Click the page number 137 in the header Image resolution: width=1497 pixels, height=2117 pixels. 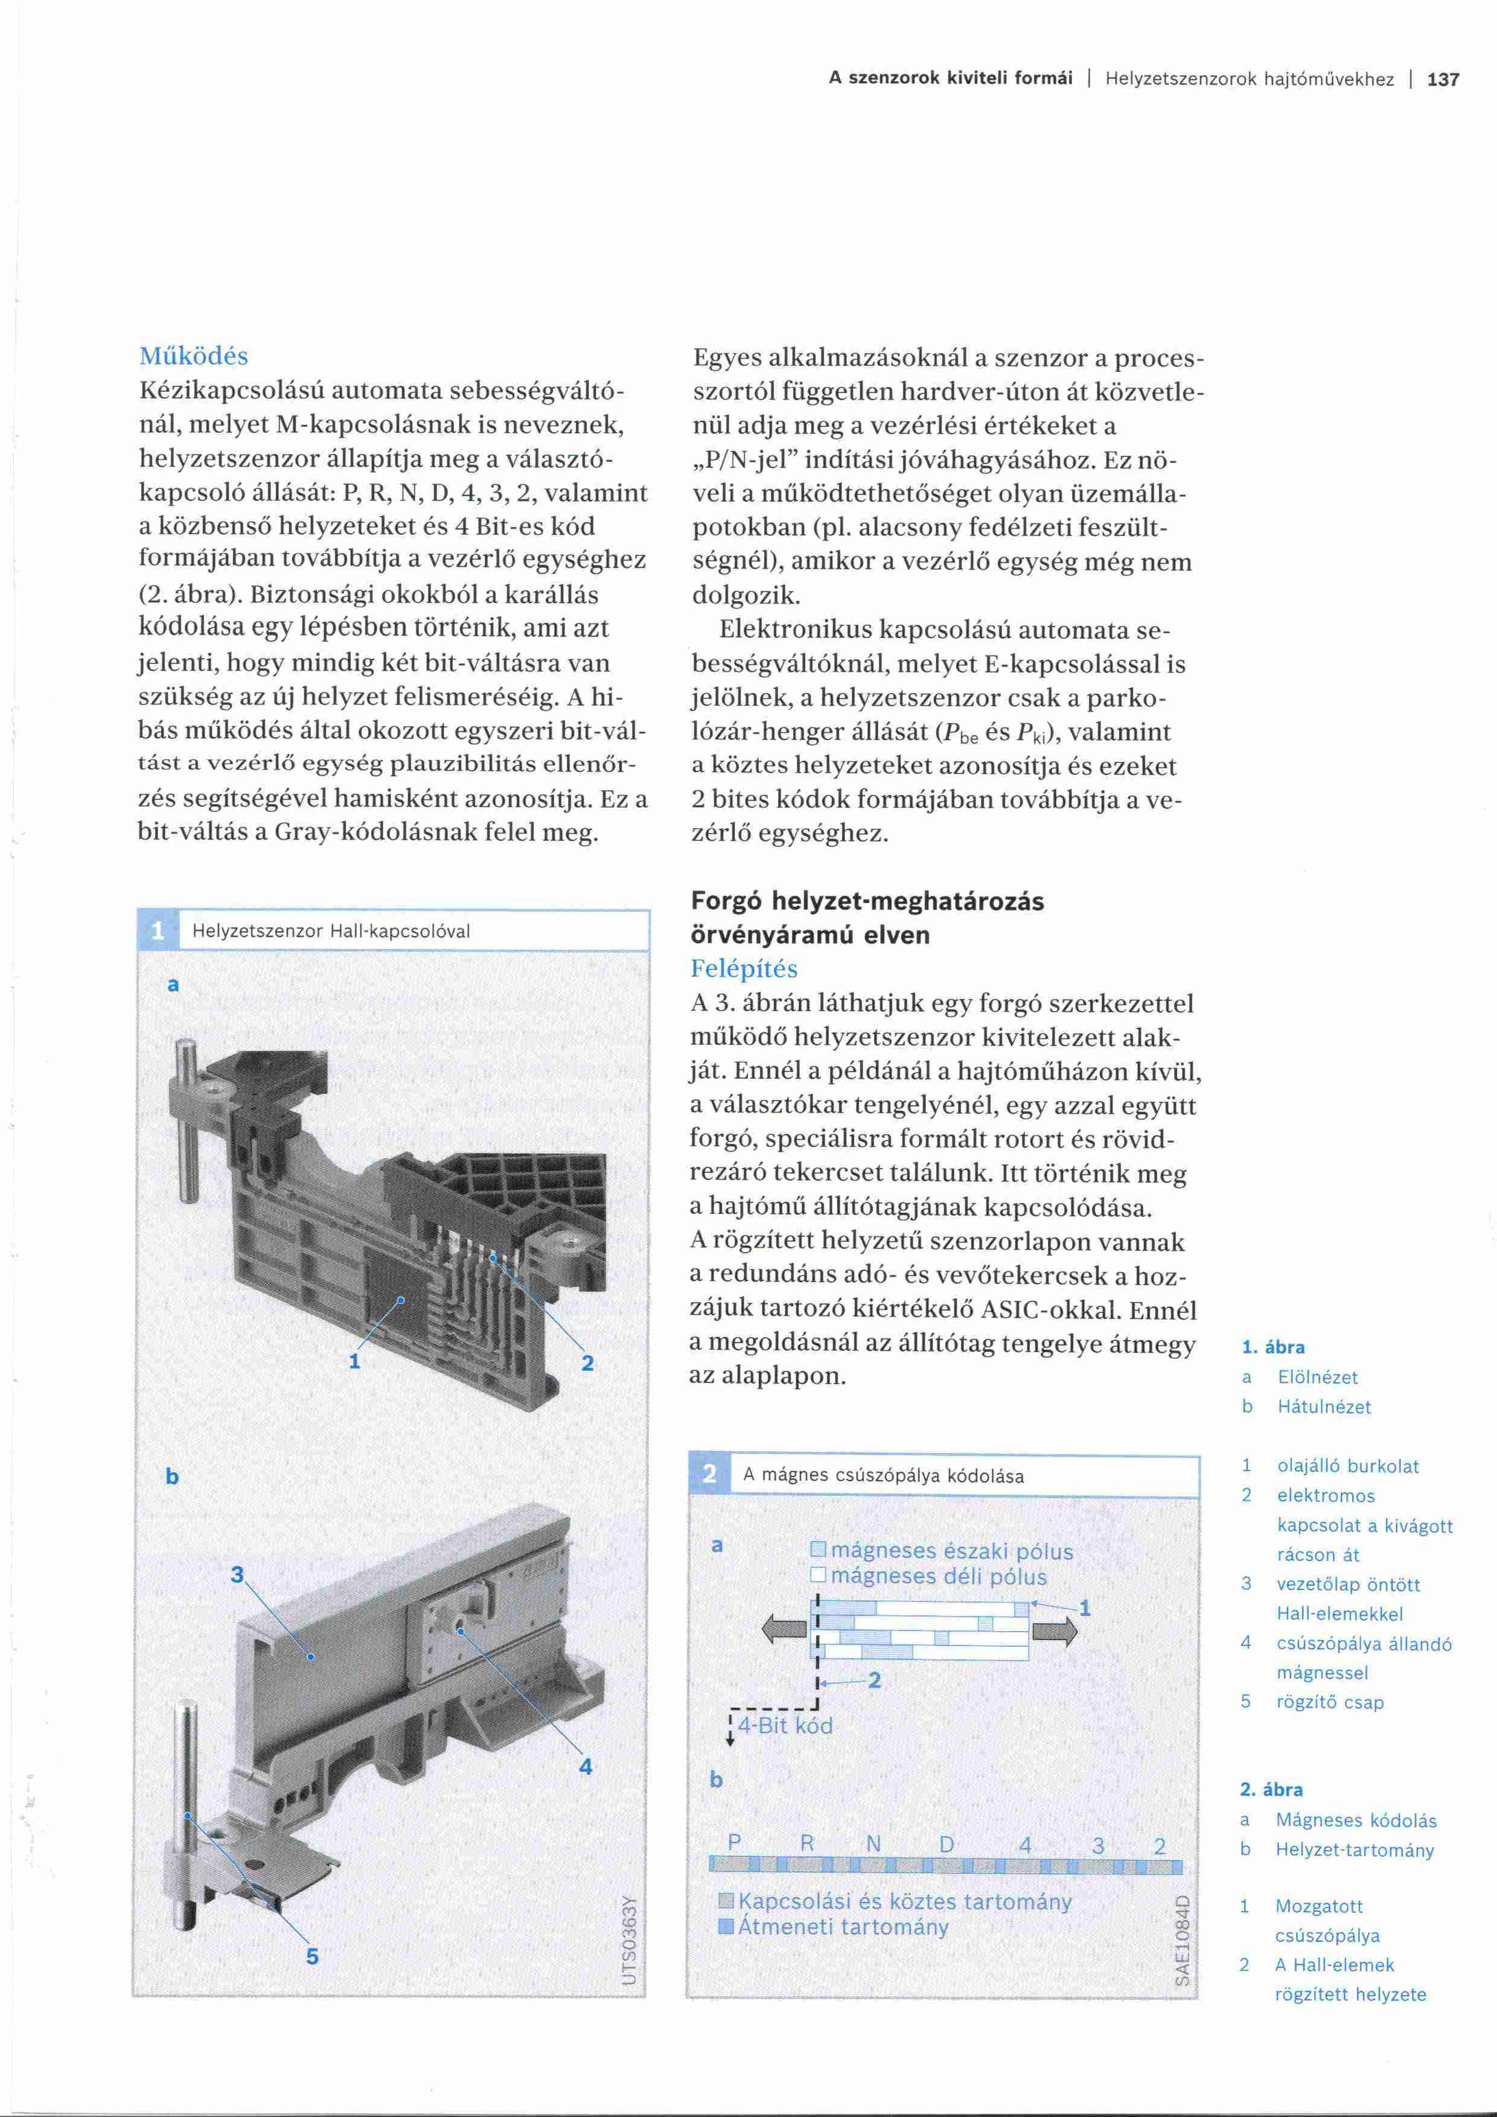[1443, 79]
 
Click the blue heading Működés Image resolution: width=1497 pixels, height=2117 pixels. [194, 356]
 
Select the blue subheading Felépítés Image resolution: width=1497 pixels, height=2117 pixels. [744, 968]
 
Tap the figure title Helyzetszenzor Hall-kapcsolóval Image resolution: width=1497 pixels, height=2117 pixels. [331, 931]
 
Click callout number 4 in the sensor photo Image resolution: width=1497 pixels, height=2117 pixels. [586, 1767]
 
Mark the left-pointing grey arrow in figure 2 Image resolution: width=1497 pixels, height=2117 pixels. [784, 1631]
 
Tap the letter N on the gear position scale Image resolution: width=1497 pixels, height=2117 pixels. [874, 1844]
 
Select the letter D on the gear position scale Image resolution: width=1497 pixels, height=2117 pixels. [946, 1845]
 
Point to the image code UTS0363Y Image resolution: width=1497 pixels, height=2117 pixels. [631, 1941]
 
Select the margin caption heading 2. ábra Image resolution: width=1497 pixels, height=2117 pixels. [1271, 1790]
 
